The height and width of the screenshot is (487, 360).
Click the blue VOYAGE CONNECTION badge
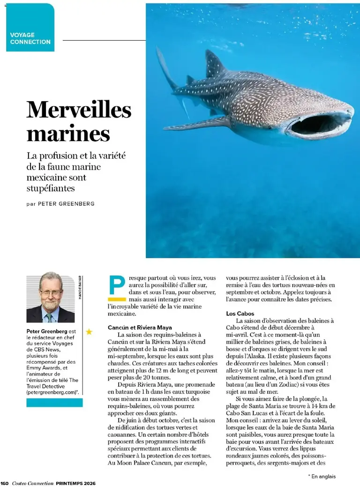pyautogui.click(x=30, y=28)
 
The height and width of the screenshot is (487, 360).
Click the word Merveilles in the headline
pyautogui.click(x=79, y=110)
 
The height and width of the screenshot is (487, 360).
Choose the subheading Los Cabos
pyautogui.click(x=240, y=313)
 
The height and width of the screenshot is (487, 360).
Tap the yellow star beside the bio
pyautogui.click(x=89, y=332)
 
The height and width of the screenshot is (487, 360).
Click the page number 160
pyautogui.click(x=5, y=483)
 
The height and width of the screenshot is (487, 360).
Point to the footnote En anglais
pyautogui.click(x=323, y=476)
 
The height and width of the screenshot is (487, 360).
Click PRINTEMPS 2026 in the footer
pyautogui.click(x=75, y=483)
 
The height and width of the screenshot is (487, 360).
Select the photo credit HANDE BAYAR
pyautogui.click(x=80, y=287)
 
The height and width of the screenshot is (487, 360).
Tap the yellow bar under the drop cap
pyautogui.click(x=117, y=299)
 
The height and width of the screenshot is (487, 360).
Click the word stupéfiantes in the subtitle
pyautogui.click(x=51, y=188)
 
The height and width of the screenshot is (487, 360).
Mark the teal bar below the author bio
pyautogui.click(x=54, y=403)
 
